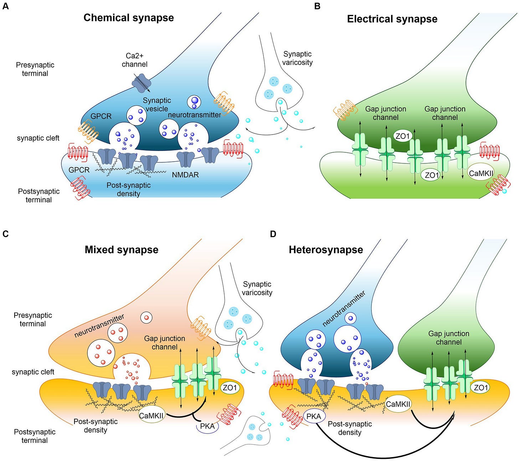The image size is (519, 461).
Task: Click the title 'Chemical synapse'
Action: (x=128, y=18)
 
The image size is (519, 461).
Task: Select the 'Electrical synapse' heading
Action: (x=392, y=19)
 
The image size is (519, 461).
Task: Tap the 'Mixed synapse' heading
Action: (x=121, y=250)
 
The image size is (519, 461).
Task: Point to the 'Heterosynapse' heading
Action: (x=326, y=250)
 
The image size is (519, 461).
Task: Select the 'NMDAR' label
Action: (x=185, y=175)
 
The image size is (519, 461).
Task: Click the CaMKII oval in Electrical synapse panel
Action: (x=481, y=173)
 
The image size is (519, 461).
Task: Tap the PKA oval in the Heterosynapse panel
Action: (x=314, y=416)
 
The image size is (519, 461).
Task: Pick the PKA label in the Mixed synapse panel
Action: (x=207, y=426)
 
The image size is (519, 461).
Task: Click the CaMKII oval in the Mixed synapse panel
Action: (x=151, y=415)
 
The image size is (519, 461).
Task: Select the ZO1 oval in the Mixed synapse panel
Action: (x=230, y=388)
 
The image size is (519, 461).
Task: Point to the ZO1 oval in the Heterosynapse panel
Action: (x=481, y=388)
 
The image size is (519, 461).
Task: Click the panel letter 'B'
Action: (x=317, y=6)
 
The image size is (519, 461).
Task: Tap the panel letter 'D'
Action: (x=273, y=234)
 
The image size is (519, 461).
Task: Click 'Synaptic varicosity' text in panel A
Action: (x=297, y=58)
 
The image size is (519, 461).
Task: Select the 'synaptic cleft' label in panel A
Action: (x=38, y=138)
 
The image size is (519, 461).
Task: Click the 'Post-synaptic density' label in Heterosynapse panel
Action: (x=350, y=428)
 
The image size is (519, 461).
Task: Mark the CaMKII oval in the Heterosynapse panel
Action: (x=398, y=404)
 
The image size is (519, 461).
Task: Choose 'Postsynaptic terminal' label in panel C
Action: (x=35, y=436)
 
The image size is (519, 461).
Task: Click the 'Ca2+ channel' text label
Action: (x=134, y=60)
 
